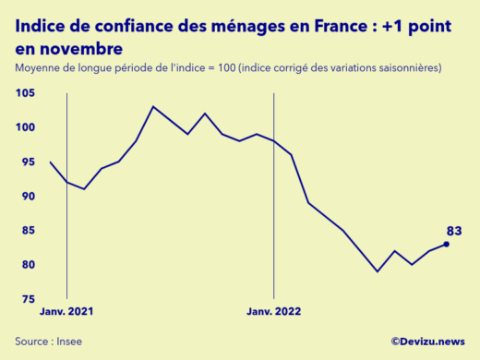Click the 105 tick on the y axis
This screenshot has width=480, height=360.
click(x=25, y=93)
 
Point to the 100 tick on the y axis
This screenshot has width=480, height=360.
click(x=25, y=127)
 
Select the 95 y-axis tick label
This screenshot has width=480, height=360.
click(x=27, y=162)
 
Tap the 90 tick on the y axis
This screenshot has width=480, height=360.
click(x=27, y=197)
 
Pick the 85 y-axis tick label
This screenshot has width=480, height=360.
click(x=27, y=231)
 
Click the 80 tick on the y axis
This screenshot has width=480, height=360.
click(x=27, y=266)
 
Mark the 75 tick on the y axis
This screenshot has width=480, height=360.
click(x=27, y=300)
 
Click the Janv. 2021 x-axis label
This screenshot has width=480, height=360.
click(x=66, y=311)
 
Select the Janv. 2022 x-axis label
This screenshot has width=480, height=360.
click(x=274, y=311)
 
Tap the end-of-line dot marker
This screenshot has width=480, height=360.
click(x=447, y=244)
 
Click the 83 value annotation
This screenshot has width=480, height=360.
click(x=453, y=230)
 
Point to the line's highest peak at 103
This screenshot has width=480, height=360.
click(x=153, y=107)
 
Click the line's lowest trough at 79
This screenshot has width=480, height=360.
click(x=378, y=271)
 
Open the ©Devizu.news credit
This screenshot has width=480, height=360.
click(x=427, y=341)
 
